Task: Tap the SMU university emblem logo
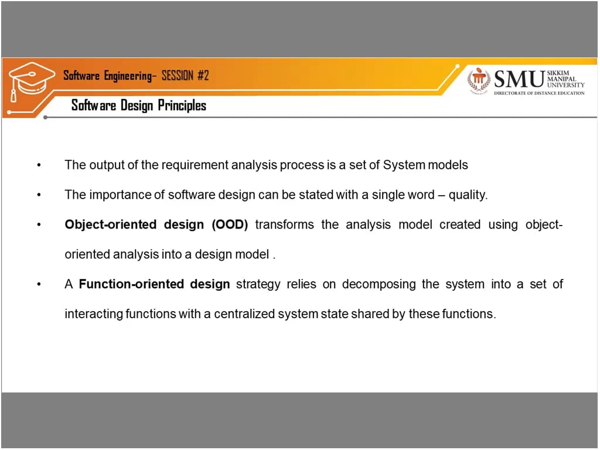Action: pyautogui.click(x=479, y=80)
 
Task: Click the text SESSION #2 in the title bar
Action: pyautogui.click(x=185, y=76)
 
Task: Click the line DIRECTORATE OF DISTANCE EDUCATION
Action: pyautogui.click(x=539, y=93)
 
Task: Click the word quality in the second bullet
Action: pyautogui.click(x=467, y=195)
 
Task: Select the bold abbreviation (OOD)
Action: pyautogui.click(x=230, y=225)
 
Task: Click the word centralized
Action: pyautogui.click(x=244, y=314)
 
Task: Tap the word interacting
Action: pyautogui.click(x=94, y=314)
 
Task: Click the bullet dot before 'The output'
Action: pyautogui.click(x=39, y=166)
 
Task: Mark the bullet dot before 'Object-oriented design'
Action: pyautogui.click(x=39, y=226)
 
